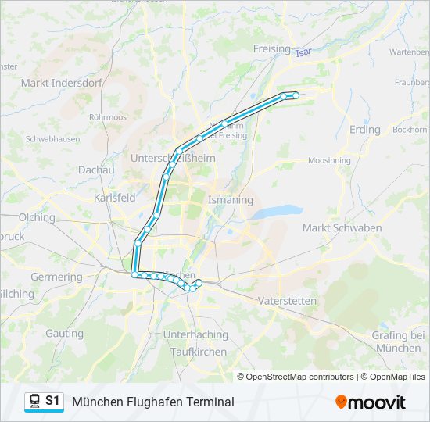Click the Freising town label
272,48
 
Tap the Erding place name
365,130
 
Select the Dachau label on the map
96,170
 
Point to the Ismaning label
231,200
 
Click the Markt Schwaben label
342,227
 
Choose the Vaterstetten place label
287,301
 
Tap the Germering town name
56,277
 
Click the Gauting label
64,334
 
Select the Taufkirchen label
198,352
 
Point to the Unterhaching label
195,335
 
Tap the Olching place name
37,217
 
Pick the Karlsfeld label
115,198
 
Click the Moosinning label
329,160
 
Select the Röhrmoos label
108,117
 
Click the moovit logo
371,402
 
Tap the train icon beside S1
34,402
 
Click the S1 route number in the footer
52,401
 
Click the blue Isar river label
303,52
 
